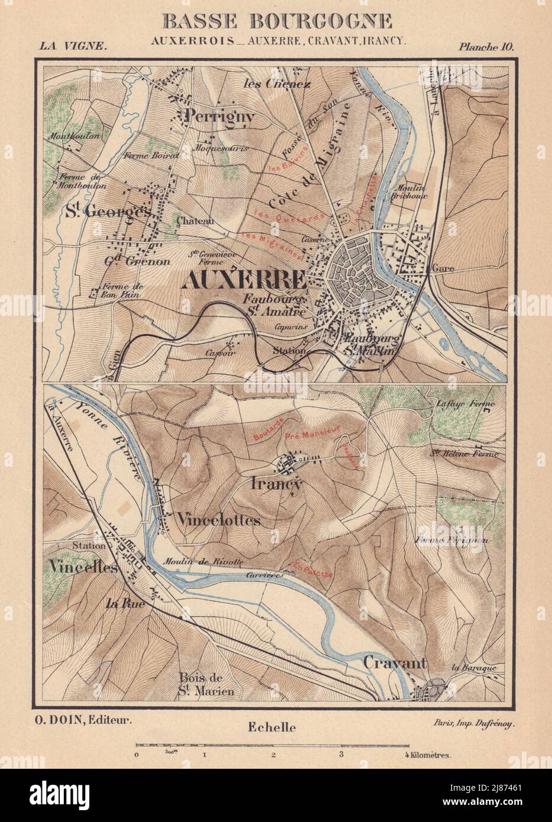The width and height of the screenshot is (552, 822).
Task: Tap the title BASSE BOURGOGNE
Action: coord(276,21)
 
